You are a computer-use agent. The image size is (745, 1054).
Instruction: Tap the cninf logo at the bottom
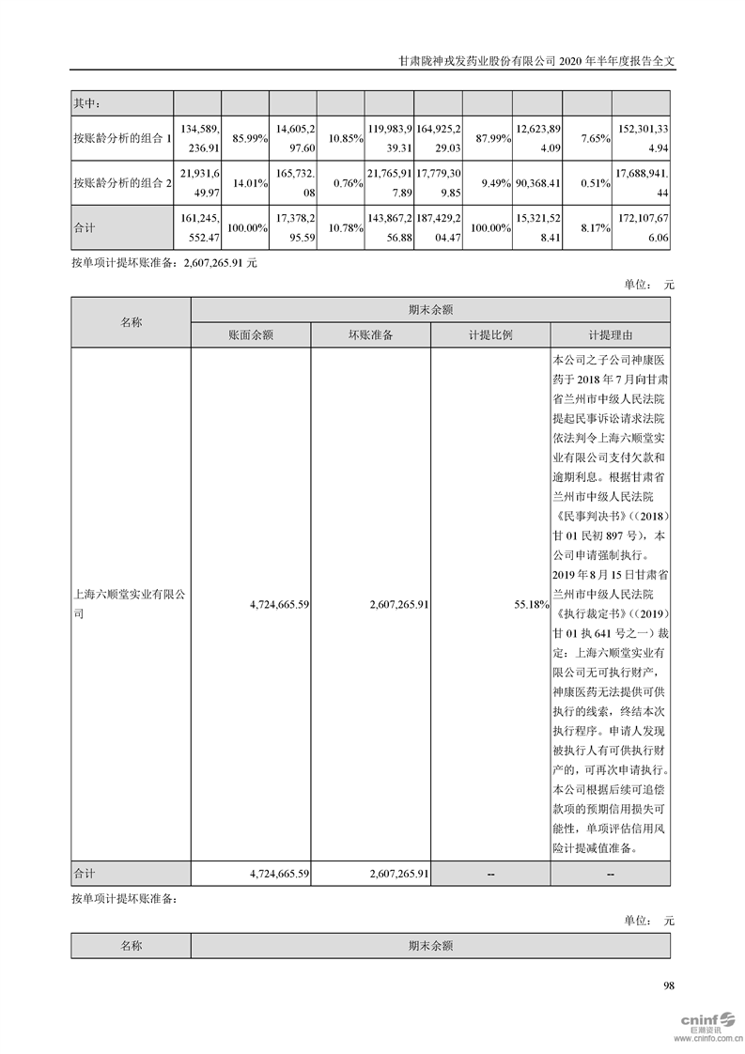[700, 1016]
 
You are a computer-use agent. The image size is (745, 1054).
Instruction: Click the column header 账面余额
[250, 335]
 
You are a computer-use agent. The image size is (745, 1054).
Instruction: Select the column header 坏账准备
[370, 335]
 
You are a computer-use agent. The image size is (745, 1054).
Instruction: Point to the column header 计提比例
[489, 335]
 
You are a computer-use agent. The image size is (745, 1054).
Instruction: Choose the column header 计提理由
[610, 335]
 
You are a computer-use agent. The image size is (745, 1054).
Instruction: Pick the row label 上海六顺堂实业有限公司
[130, 605]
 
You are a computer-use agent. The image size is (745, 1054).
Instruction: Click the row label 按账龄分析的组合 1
[121, 138]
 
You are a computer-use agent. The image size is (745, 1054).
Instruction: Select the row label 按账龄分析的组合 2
[121, 184]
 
